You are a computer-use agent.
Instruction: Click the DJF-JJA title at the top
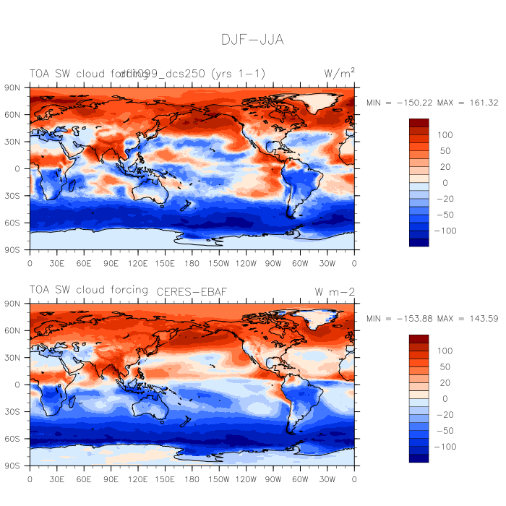coord(252,40)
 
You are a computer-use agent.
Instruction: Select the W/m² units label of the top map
coord(339,73)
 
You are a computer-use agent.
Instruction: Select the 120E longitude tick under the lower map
coord(138,479)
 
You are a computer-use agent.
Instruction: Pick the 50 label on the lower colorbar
coord(442,367)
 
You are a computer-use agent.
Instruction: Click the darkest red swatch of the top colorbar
coord(419,123)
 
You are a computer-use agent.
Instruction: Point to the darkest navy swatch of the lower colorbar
coord(419,458)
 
